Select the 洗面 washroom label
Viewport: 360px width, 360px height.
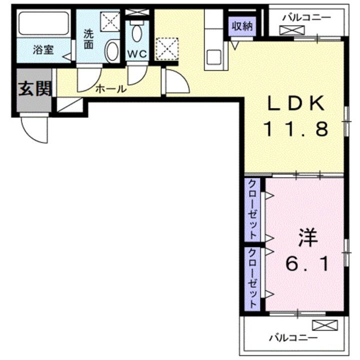point(88,39)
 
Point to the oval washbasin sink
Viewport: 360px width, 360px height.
point(113,51)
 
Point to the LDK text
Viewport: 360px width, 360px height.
point(296,104)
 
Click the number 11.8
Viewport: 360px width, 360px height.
point(296,129)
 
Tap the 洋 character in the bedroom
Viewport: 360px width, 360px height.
point(308,238)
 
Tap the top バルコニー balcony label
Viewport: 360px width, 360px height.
point(306,16)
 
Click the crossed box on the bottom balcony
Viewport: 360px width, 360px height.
point(321,325)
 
